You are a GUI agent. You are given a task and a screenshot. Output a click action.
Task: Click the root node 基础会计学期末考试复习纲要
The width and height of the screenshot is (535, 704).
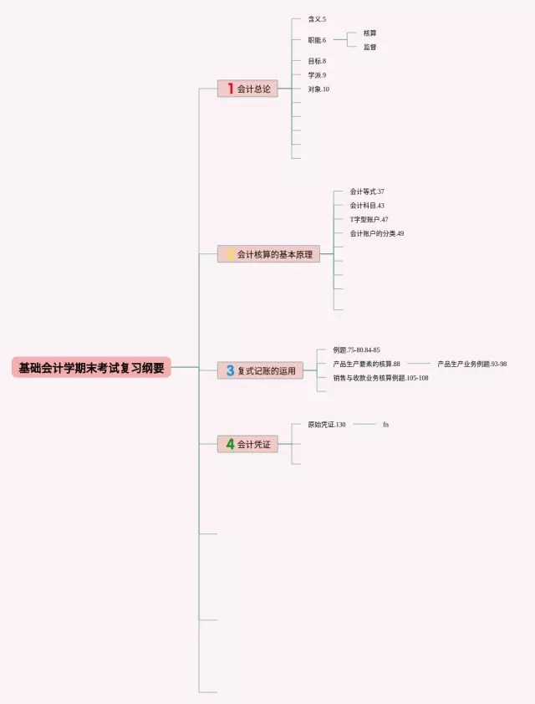tap(91, 368)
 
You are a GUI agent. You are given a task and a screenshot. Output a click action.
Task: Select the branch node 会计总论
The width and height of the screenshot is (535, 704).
tap(247, 89)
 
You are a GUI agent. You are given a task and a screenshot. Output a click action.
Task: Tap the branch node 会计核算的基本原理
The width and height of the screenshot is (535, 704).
tap(268, 254)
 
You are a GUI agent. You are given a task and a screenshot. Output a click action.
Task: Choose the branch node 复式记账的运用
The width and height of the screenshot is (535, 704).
tap(260, 370)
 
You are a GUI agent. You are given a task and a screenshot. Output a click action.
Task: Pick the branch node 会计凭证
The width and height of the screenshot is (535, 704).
tap(247, 444)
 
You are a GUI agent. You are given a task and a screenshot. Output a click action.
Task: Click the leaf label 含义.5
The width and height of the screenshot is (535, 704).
tap(317, 19)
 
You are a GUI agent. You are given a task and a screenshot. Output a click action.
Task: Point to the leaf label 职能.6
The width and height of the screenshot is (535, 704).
tap(317, 40)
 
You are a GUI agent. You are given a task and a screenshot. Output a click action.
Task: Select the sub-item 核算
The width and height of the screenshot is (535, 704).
tap(369, 33)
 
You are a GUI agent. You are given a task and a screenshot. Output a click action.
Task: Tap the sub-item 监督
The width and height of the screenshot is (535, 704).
tap(369, 47)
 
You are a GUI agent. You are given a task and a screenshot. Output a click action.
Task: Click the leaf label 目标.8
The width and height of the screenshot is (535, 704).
tap(317, 61)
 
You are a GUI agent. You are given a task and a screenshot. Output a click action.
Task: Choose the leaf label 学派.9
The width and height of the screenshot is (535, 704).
tap(317, 75)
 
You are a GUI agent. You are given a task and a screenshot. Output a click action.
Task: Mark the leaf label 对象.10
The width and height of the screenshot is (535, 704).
tap(318, 89)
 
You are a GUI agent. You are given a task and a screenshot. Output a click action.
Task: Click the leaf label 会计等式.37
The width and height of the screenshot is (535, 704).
tap(367, 191)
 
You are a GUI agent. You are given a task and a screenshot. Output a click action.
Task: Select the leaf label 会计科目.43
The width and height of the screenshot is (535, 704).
tap(367, 206)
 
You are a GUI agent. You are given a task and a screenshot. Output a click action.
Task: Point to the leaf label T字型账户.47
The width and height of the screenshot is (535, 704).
tap(369, 220)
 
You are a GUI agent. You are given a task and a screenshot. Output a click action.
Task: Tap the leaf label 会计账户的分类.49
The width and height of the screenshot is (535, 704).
tap(377, 234)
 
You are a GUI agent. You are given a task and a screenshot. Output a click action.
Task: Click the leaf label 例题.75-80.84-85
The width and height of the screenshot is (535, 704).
tap(356, 350)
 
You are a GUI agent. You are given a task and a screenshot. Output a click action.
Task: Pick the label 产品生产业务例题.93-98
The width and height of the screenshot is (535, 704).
tap(471, 365)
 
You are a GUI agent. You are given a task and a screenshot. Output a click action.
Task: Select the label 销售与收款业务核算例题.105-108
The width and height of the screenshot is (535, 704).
tap(380, 378)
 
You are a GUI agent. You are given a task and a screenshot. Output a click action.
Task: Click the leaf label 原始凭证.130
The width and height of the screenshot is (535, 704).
tap(327, 425)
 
